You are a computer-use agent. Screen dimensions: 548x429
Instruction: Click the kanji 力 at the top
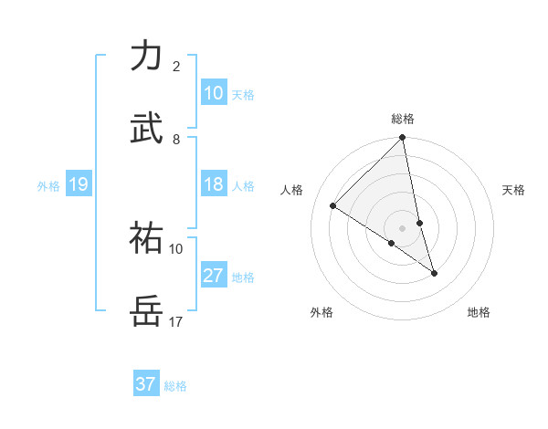pos(146,57)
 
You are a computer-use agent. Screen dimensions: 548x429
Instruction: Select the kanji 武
pos(146,129)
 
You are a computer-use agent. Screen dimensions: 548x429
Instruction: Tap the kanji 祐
pos(146,239)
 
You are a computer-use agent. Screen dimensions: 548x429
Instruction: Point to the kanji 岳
pos(146,312)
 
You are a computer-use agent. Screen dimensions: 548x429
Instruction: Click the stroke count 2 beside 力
pos(175,66)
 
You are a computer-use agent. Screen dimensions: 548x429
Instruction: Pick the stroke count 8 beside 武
pos(175,139)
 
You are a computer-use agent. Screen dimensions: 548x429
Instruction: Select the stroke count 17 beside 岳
pos(176,321)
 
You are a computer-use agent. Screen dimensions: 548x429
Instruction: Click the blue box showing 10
pos(213,93)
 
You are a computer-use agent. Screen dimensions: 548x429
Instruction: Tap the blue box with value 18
pos(213,184)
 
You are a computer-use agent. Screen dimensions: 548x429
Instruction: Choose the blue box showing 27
pos(213,276)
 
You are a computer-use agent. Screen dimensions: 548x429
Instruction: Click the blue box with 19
pos(78,184)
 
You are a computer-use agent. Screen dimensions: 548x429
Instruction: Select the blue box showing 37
pos(145,384)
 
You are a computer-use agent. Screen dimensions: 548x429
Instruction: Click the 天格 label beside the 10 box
pos(242,95)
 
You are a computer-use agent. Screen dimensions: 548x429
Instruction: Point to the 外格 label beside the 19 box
pos(48,186)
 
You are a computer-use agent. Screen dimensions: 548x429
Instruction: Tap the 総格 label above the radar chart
pos(403,119)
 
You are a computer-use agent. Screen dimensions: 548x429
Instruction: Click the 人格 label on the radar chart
pos(292,190)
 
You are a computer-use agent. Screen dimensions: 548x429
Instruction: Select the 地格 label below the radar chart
pos(479,312)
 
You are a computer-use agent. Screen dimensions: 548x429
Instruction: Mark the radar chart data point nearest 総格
pos(402,139)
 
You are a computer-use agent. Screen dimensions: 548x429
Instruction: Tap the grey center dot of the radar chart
pos(402,228)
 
